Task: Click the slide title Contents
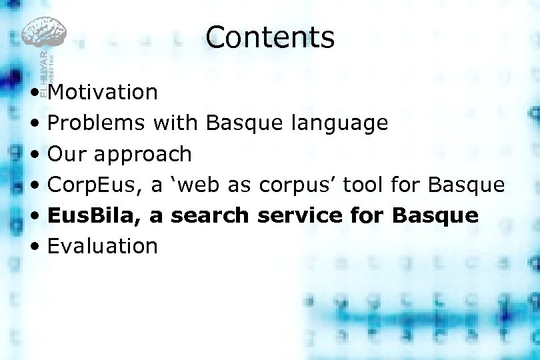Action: click(270, 37)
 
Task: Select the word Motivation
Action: click(103, 92)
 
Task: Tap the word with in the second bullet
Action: click(175, 123)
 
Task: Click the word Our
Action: click(67, 154)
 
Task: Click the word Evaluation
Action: click(103, 246)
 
